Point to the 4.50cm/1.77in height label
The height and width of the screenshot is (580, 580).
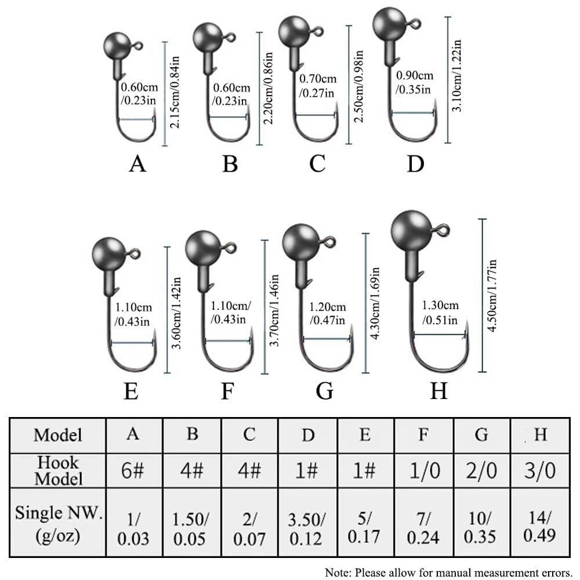point(492,296)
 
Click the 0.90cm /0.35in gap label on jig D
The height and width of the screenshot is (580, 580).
point(414,82)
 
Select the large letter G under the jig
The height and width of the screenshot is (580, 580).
point(324,391)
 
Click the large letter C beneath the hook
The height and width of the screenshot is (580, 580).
point(317,164)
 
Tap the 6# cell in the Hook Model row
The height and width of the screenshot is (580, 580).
point(132,470)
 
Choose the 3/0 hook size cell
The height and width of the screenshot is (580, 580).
point(539,470)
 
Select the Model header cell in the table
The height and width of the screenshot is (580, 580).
point(58,435)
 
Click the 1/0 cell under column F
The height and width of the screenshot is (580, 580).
point(425,470)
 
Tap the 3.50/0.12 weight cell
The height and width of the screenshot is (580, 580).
point(307,529)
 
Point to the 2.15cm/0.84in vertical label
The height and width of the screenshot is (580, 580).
point(175,92)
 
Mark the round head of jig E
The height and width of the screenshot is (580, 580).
point(108,255)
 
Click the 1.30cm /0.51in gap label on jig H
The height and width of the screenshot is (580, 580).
point(440,313)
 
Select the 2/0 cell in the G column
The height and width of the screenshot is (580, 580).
point(481,470)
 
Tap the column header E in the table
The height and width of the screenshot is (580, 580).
point(365,434)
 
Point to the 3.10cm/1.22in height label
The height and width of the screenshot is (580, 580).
point(457,75)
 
